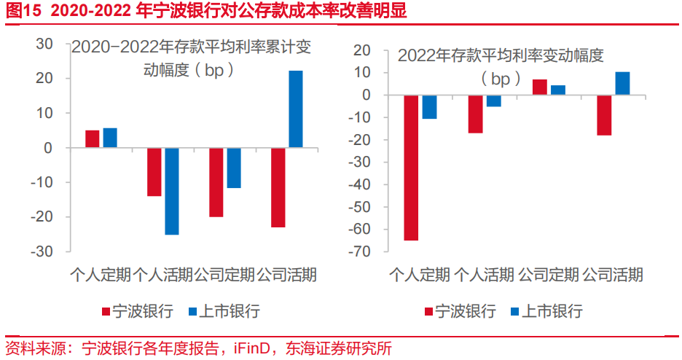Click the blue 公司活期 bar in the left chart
tap(296, 109)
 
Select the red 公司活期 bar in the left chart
tap(278, 187)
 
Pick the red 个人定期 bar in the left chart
tap(93, 139)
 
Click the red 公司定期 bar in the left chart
tap(216, 182)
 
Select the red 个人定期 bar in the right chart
tap(411, 168)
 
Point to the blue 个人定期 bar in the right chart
tap(429, 107)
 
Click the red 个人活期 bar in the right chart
tap(476, 114)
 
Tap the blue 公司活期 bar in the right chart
tap(622, 84)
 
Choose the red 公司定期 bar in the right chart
tap(540, 87)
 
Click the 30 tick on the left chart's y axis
tap(44, 44)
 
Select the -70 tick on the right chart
tap(361, 252)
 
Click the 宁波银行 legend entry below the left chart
tap(141, 312)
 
